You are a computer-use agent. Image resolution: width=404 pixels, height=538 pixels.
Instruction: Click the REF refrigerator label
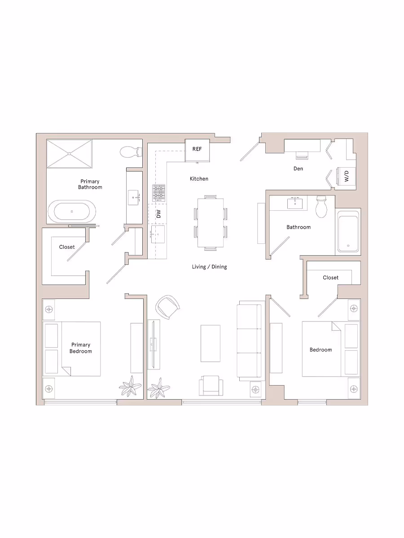(x=197, y=149)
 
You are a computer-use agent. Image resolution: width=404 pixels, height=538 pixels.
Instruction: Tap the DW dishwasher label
(x=158, y=214)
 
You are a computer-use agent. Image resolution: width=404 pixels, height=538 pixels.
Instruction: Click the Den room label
(x=298, y=169)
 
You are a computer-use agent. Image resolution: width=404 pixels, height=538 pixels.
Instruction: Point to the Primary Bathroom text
(x=90, y=184)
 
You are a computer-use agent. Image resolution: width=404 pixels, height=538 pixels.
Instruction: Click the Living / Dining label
(x=209, y=267)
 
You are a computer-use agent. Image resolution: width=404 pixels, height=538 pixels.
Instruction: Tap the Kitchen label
(x=199, y=178)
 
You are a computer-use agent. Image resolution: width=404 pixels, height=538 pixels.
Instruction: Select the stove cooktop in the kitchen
(x=159, y=193)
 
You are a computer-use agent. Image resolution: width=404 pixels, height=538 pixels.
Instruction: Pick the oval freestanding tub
(x=72, y=211)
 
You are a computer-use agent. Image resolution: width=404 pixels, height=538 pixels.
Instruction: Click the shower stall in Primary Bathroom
(x=70, y=153)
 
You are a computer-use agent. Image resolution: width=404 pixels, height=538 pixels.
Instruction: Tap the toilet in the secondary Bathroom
(x=321, y=207)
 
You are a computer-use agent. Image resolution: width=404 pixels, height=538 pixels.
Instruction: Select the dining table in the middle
(x=210, y=223)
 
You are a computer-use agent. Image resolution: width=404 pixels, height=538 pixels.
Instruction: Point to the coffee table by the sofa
(x=210, y=343)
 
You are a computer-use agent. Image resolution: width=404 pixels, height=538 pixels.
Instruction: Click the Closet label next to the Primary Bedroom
(x=67, y=247)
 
